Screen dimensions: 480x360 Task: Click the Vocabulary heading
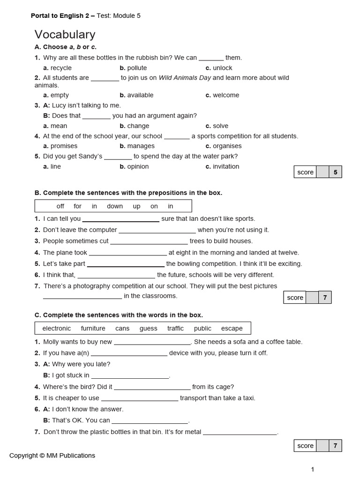pyautogui.click(x=65, y=34)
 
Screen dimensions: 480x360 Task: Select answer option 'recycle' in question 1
pyautogui.click(x=60, y=68)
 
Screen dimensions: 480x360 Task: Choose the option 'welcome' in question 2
pyautogui.click(x=225, y=95)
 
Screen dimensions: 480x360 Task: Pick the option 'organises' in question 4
pyautogui.click(x=227, y=146)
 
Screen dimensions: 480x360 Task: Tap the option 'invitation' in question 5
pyautogui.click(x=225, y=166)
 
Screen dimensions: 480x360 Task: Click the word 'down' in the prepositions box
pyautogui.click(x=115, y=206)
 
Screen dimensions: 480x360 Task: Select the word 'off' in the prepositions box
pyautogui.click(x=60, y=206)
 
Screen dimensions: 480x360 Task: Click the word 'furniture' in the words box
pyautogui.click(x=93, y=329)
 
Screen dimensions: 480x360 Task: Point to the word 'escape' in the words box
pyautogui.click(x=232, y=329)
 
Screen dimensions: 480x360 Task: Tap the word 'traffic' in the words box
pyautogui.click(x=175, y=329)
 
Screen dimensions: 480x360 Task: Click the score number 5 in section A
pyautogui.click(x=335, y=172)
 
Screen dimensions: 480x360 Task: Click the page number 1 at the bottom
pyautogui.click(x=313, y=469)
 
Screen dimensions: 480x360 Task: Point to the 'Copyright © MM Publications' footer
pyautogui.click(x=52, y=456)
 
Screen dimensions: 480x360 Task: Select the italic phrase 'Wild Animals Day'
pyautogui.click(x=185, y=78)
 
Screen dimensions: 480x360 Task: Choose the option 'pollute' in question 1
pyautogui.click(x=136, y=68)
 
